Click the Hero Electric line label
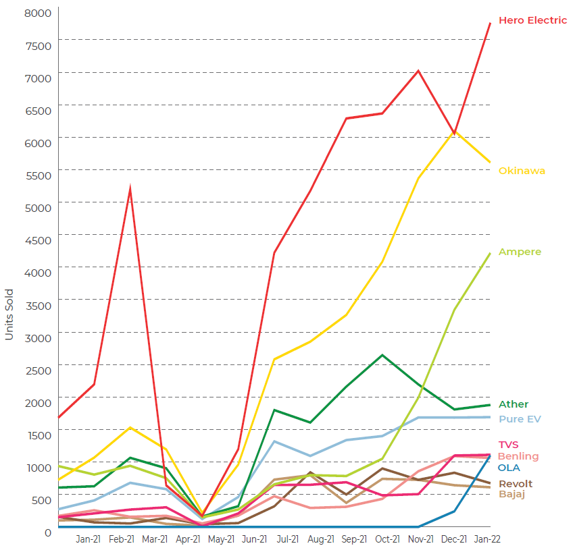click(x=532, y=20)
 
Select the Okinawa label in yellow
click(x=522, y=171)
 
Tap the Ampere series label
click(x=520, y=252)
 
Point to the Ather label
click(x=514, y=404)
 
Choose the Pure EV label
click(x=519, y=418)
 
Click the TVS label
click(x=508, y=445)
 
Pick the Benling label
click(x=518, y=456)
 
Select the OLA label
click(x=509, y=467)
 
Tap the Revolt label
click(x=516, y=484)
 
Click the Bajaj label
click(x=512, y=494)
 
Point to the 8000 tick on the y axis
click(x=38, y=13)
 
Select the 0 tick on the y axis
click(x=47, y=532)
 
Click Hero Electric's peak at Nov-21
click(x=419, y=70)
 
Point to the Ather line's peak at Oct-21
click(x=382, y=355)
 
